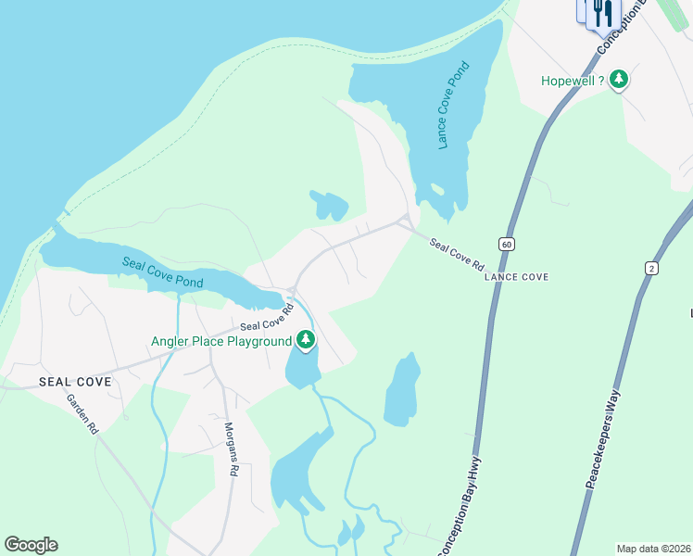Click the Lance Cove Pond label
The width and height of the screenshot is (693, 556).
pos(455,106)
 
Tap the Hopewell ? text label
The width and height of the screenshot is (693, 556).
pos(573,81)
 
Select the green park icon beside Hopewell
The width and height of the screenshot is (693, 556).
pos(619,81)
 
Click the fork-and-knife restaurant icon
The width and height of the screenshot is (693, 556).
pos(604,13)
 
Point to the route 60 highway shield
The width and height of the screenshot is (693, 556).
pos(506,244)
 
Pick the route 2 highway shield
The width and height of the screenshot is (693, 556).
pos(651,268)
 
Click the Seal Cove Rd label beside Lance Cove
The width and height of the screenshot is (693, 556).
pos(457,252)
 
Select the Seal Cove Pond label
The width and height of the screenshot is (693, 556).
pos(163,272)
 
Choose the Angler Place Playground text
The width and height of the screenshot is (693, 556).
pos(221,341)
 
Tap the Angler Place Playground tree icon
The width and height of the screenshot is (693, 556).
pos(306,340)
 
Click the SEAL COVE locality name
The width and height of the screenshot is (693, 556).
pos(75,382)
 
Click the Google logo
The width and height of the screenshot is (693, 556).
pos(31,545)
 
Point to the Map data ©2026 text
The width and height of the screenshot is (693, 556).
pos(652,549)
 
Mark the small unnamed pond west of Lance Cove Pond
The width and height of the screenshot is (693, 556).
pos(330,206)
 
